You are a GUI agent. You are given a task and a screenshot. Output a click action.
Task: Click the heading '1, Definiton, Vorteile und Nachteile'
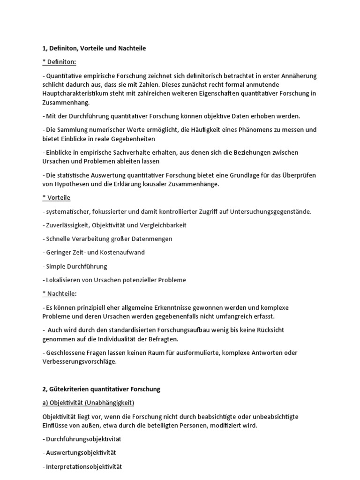[94, 48]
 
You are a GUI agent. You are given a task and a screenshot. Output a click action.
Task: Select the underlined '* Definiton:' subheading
[60, 62]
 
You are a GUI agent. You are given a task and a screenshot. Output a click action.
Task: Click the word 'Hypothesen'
[71, 184]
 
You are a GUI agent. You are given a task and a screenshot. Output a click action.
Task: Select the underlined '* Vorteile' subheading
[56, 198]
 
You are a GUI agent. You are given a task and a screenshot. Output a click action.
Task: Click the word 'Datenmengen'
[153, 239]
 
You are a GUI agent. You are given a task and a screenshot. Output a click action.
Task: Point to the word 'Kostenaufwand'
[124, 252]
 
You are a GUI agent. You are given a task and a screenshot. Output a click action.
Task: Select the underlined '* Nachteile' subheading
[59, 293]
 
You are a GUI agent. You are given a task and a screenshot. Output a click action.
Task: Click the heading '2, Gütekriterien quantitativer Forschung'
[101, 389]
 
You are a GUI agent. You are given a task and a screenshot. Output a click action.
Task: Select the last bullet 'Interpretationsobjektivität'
[83, 466]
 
